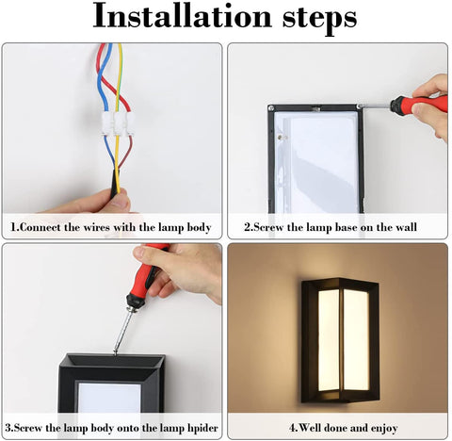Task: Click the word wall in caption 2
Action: pos(404,228)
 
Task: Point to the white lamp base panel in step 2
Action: pos(321,160)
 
